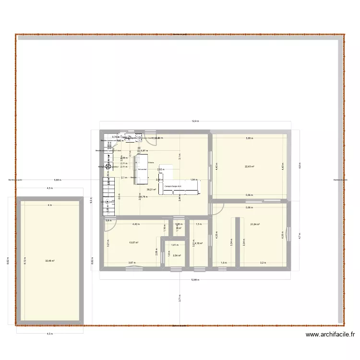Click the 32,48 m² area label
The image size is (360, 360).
pyautogui.click(x=50, y=261)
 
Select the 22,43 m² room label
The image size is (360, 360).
pyautogui.click(x=250, y=167)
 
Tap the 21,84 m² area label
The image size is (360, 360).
pyautogui.click(x=254, y=224)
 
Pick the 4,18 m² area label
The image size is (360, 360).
pyautogui.click(x=198, y=243)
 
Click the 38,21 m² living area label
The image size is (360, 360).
pyautogui.click(x=151, y=190)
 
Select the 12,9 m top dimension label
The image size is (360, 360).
pyautogui.click(x=195, y=121)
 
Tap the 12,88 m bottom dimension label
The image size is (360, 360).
pyautogui.click(x=195, y=280)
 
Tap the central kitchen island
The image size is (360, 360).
pyautogui.click(x=142, y=168)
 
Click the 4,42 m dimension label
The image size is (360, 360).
pyautogui.click(x=136, y=224)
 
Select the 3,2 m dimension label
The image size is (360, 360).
pyautogui.click(x=263, y=263)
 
